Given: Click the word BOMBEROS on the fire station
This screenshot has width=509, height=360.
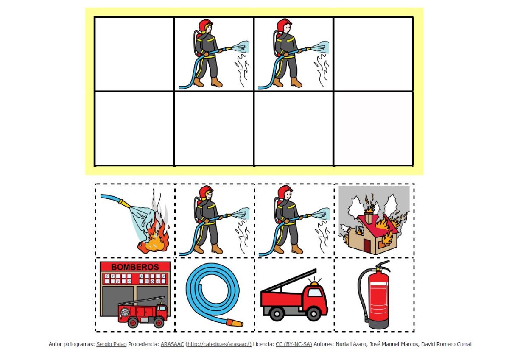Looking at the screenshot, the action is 135,267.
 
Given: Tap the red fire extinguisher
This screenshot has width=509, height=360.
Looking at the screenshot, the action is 378,298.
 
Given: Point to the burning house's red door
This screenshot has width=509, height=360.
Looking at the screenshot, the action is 367,246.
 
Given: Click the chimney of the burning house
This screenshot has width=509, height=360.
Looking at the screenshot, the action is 368,218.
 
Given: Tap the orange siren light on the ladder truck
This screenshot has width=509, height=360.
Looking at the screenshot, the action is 314,283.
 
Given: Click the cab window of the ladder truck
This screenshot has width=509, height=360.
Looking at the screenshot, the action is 315,292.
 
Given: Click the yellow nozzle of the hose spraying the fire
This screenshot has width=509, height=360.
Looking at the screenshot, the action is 125,203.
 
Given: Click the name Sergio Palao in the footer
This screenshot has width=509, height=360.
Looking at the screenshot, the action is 111,344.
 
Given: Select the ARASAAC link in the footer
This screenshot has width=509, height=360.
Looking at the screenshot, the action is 172,344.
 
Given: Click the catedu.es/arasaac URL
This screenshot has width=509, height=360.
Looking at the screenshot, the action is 218,344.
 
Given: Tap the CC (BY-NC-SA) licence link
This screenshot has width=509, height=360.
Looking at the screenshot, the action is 294,344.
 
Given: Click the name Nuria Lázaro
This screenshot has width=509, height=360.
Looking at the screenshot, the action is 351,344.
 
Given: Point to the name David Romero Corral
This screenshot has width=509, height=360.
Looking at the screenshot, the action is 446,344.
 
